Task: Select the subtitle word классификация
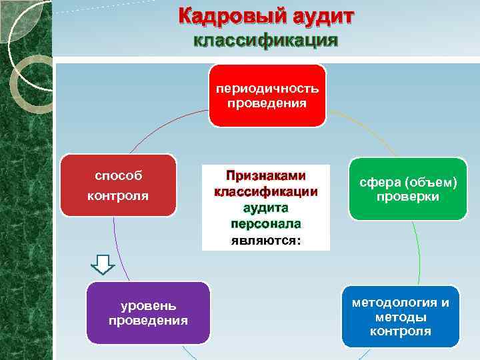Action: tap(265, 41)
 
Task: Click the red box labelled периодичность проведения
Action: tap(267, 95)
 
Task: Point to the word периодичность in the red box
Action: tap(267, 89)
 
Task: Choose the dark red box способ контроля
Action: tap(118, 186)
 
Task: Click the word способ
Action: tap(118, 177)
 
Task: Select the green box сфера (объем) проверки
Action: tap(408, 189)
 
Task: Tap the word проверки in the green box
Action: tap(408, 197)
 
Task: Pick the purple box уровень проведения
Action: tap(148, 313)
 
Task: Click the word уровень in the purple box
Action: tap(148, 306)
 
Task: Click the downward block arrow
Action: tap(103, 265)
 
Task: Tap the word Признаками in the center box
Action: tap(265, 176)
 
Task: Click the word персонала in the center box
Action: tap(265, 223)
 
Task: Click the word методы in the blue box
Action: tap(401, 317)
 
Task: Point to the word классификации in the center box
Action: tap(265, 192)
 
